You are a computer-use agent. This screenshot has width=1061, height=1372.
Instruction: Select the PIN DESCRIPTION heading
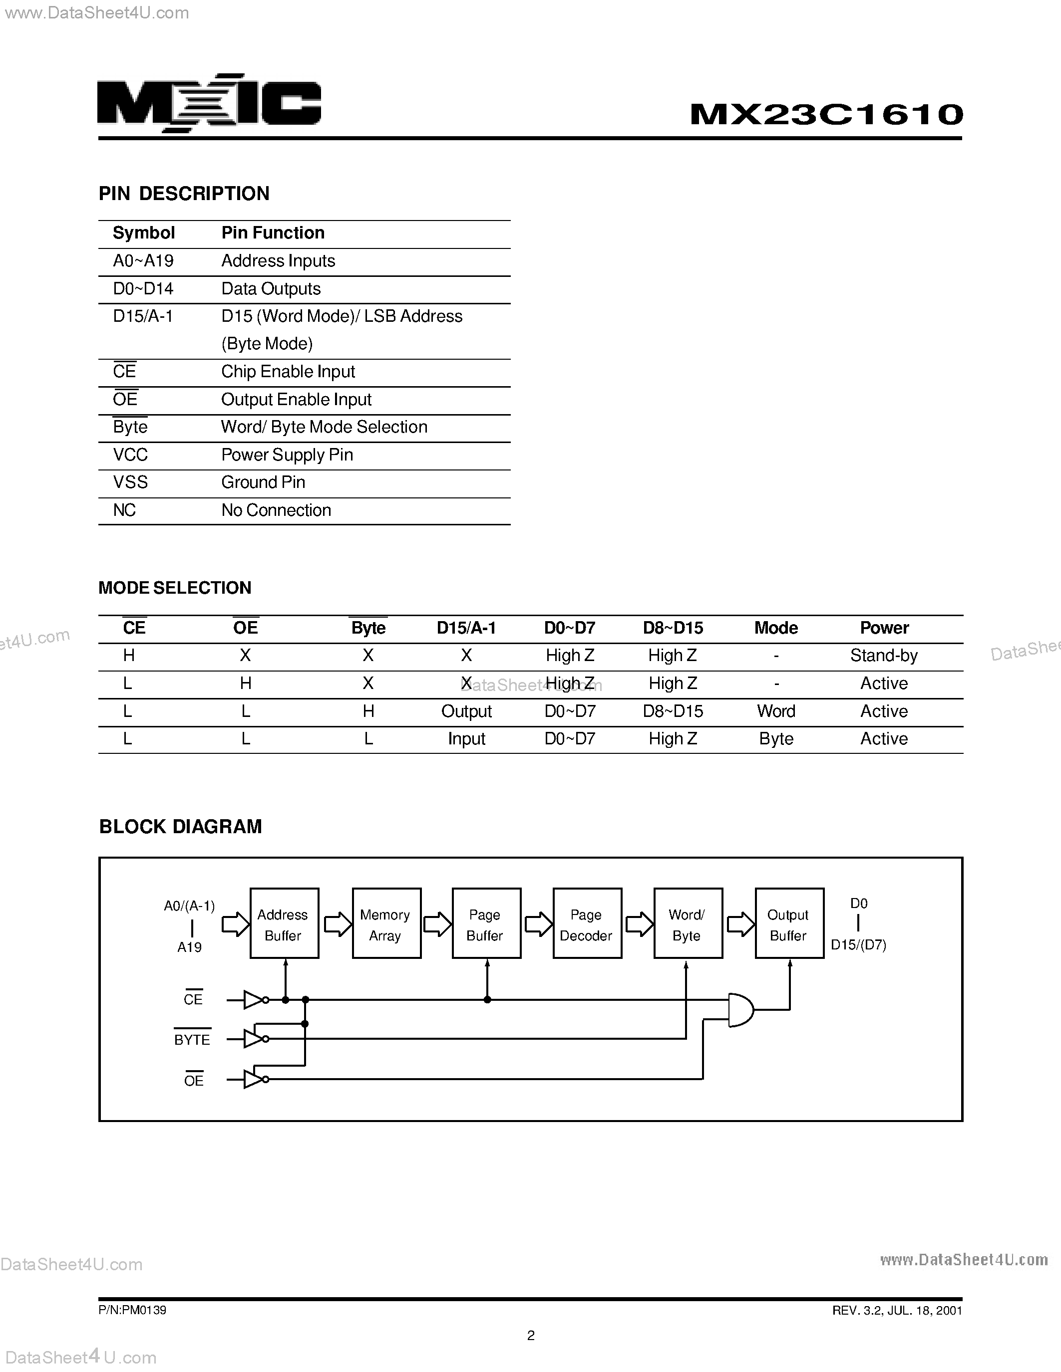tap(184, 194)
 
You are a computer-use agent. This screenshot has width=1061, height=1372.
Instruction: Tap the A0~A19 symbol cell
tap(143, 261)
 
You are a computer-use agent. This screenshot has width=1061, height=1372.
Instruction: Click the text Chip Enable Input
tap(288, 372)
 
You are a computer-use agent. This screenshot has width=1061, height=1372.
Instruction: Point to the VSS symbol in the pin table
tap(130, 482)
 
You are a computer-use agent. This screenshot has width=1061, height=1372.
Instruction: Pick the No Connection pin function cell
tap(276, 510)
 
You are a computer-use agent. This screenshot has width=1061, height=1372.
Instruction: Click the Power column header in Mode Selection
tap(884, 628)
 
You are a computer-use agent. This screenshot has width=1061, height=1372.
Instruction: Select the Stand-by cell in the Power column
tap(884, 656)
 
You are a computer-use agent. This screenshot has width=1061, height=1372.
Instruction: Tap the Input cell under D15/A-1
tap(466, 739)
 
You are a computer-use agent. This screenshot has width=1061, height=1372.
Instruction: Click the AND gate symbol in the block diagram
tap(740, 1010)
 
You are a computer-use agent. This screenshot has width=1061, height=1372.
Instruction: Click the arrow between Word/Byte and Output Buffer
tap(740, 924)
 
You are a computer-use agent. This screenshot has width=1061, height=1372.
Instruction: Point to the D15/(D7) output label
tap(858, 945)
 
